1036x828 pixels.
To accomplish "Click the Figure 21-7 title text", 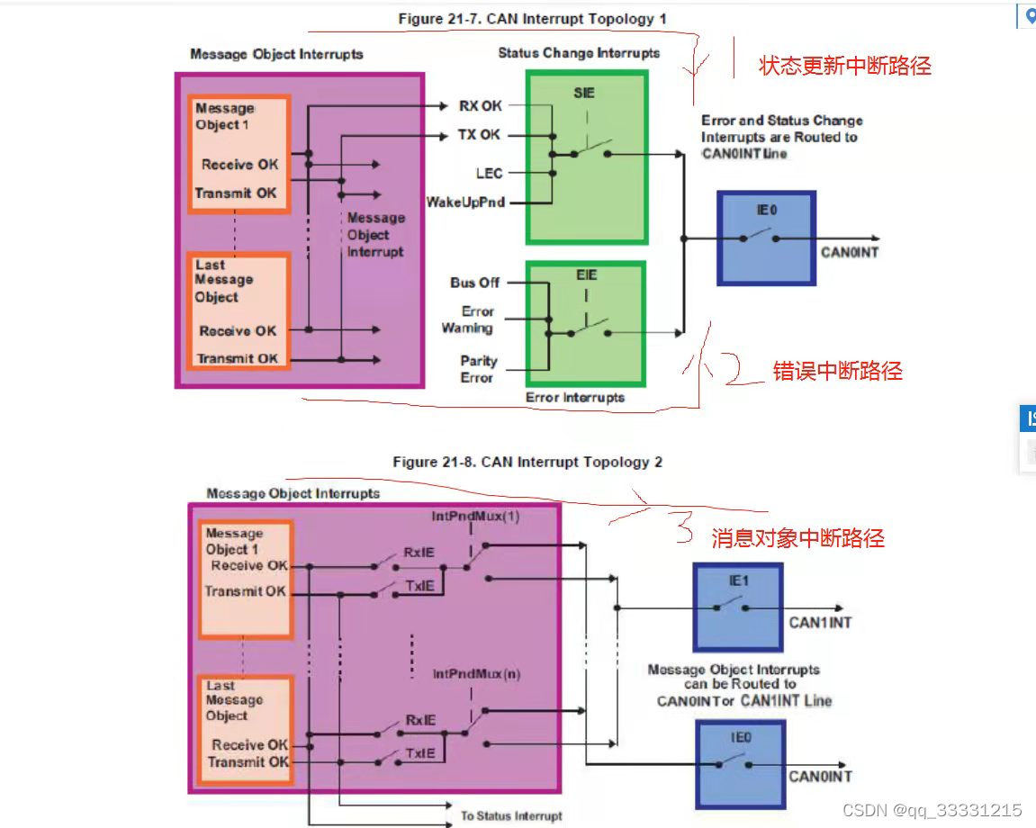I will coord(532,19).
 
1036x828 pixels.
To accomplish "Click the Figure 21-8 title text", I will coord(527,462).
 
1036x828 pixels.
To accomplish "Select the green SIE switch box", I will coord(586,158).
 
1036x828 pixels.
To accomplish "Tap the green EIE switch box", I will coord(586,323).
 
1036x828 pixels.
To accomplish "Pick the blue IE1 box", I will coord(737,607).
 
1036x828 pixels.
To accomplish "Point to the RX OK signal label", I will coord(481,106).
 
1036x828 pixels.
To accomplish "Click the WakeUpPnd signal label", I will coord(465,202).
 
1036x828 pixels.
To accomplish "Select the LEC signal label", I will coord(489,173).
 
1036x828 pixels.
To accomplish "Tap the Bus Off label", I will coord(474,283).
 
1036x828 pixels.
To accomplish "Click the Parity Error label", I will coord(478,369).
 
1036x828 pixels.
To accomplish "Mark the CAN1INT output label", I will coord(820,623).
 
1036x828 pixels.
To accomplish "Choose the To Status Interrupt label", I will coord(511,816).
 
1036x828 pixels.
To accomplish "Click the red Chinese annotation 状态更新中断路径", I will coord(845,66).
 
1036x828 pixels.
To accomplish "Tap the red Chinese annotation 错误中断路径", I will coord(837,371).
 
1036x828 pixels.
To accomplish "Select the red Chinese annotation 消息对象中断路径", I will coord(797,538).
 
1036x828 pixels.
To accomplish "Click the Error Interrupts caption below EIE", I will coord(574,397).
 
